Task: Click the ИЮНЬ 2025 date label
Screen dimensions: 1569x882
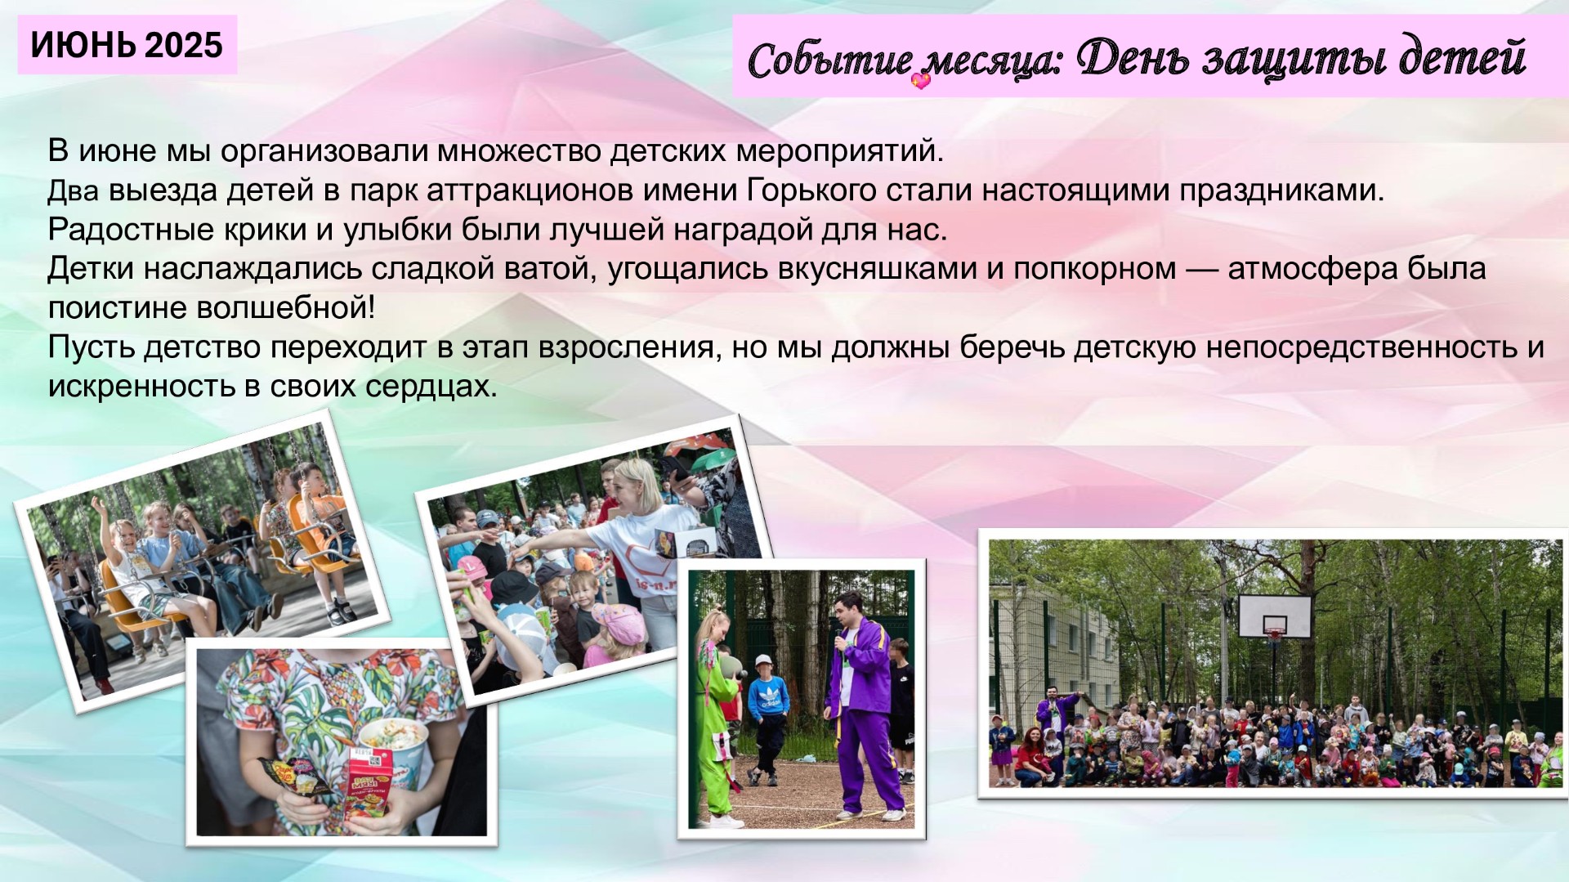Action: click(127, 45)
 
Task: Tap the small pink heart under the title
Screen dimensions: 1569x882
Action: click(921, 80)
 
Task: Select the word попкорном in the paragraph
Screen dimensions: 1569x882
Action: click(1094, 268)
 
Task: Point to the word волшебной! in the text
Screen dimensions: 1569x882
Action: click(286, 308)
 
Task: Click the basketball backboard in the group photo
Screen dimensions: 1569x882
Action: click(1275, 616)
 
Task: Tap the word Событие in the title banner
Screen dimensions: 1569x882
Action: click(829, 60)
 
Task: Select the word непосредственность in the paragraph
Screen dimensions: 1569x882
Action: click(1362, 347)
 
